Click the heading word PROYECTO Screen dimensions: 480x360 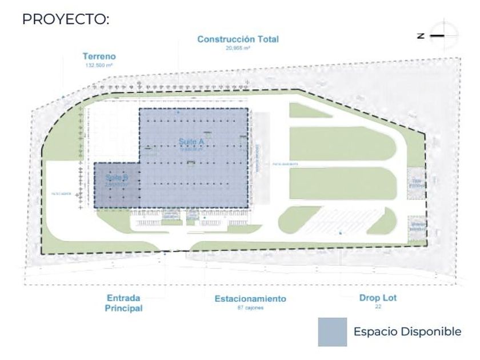point(65,19)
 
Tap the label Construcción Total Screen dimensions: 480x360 point(238,39)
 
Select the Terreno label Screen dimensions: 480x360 point(99,57)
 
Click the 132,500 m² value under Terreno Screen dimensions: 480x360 point(99,66)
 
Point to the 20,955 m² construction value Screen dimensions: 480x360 point(238,48)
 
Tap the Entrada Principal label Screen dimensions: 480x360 point(123,303)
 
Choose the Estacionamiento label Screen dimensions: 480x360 point(250,298)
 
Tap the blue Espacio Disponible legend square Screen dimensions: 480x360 point(332,332)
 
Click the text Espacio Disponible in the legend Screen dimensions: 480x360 point(407,332)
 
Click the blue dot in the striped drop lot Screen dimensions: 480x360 point(340,233)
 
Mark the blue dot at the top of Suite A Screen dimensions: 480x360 point(178,113)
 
